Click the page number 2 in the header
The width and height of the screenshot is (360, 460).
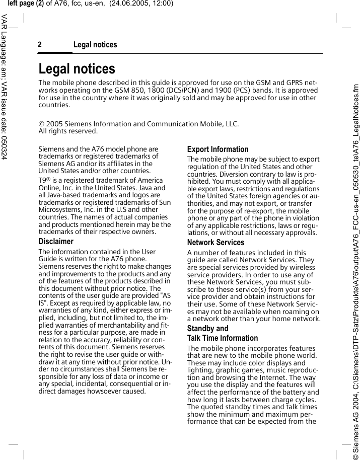pyautogui.click(x=40, y=45)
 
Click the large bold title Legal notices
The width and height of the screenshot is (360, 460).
pyautogui.click(x=77, y=68)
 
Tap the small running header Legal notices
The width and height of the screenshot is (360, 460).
pyautogui.click(x=95, y=45)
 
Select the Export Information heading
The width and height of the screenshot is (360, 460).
pyautogui.click(x=218, y=149)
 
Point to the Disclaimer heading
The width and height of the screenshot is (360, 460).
pyautogui.click(x=56, y=242)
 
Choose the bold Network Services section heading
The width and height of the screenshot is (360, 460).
pyautogui.click(x=215, y=243)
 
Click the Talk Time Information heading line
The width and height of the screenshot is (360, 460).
pyautogui.click(x=223, y=338)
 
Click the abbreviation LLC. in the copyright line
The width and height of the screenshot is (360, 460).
pyautogui.click(x=231, y=124)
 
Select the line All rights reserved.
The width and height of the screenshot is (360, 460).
pyautogui.click(x=68, y=131)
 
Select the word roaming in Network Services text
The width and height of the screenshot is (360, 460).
pyautogui.click(x=289, y=312)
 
